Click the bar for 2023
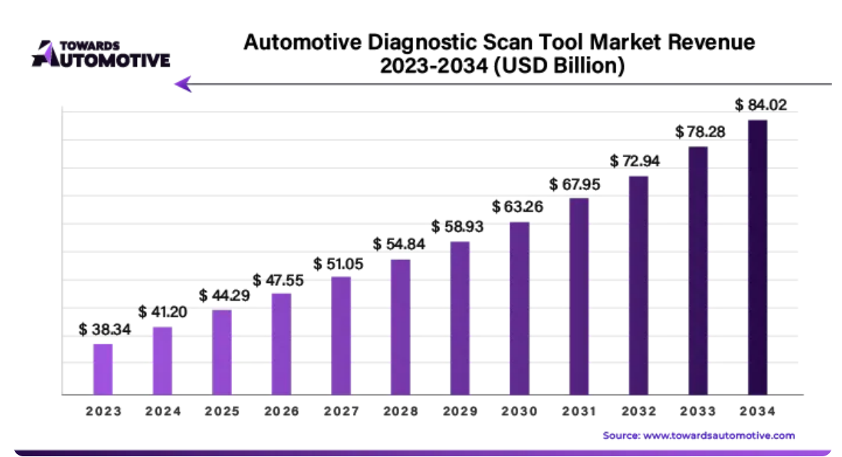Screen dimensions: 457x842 tap(103, 369)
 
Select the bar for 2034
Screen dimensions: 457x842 tap(758, 257)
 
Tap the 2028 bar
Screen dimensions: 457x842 tap(400, 326)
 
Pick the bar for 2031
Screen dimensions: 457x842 tap(579, 296)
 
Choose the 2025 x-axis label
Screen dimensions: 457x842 tap(222, 412)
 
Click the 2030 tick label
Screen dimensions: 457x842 tap(520, 412)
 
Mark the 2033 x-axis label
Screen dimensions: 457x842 tap(698, 412)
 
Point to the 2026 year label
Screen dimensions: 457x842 tap(282, 412)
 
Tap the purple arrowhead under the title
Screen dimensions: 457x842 tap(183, 84)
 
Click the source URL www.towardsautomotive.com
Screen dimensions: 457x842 tap(718, 435)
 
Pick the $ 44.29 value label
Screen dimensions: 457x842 tap(224, 295)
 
